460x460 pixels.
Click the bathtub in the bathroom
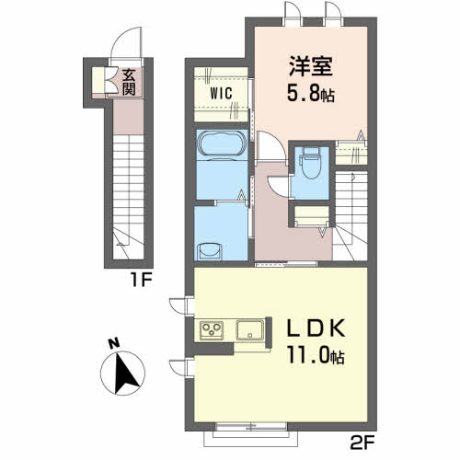coord(222,144)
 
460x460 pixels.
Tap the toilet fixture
coord(310,163)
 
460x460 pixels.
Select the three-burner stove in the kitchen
coord(212,330)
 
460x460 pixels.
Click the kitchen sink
coord(250,329)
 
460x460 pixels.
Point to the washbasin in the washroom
coord(210,251)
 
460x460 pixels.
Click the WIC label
coord(221,93)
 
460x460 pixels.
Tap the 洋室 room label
coord(311,66)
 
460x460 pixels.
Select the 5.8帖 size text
coord(310,93)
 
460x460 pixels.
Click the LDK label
coord(316,328)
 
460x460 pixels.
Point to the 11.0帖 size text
coord(316,355)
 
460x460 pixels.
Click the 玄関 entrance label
coord(129,83)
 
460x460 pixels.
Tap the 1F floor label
coord(142,280)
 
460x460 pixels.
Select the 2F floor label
coord(362,443)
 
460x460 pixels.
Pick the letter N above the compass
coord(114,343)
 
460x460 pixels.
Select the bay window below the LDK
coord(251,434)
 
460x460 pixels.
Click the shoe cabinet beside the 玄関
coord(98,80)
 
